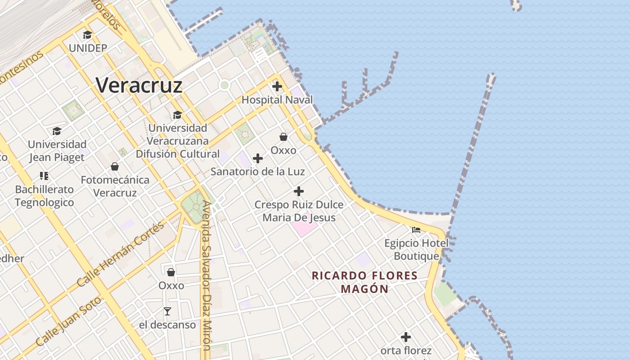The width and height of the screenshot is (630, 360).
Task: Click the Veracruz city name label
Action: coord(139,85)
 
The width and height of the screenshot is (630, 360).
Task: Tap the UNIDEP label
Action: coord(88,48)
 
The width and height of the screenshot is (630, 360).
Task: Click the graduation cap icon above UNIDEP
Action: coord(87,35)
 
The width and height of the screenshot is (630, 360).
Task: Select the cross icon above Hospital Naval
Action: coord(277,86)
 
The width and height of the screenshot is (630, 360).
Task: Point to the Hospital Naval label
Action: coord(277,100)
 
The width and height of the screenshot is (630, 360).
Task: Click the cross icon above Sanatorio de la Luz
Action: coord(258,158)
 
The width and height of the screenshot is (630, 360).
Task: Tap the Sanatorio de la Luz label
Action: coord(258,171)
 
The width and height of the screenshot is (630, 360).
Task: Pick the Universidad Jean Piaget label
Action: coord(57,151)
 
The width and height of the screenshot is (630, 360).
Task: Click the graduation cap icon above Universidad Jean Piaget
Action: coord(57,131)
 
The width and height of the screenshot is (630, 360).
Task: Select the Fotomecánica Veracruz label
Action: coord(115,186)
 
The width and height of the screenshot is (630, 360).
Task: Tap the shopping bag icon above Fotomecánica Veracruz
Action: coord(115,166)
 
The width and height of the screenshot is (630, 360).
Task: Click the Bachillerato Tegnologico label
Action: coord(44,196)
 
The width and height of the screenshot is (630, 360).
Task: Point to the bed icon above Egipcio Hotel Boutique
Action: coord(416,230)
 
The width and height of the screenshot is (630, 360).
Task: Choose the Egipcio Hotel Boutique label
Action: coord(416,250)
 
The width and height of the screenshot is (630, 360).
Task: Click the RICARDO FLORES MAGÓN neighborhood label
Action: coord(364,282)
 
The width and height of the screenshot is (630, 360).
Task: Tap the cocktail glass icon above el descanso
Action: coord(167,311)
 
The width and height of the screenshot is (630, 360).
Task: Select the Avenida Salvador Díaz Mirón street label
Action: coord(207,274)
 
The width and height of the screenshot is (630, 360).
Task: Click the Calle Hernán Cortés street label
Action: coord(121,255)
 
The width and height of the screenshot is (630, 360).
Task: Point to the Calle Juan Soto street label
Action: coord(69,320)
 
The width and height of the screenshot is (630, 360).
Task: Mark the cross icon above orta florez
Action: coord(406,337)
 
